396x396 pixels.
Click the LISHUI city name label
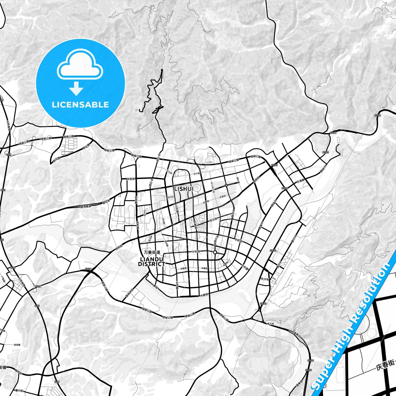(184, 189)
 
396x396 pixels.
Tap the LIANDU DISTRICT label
(152, 262)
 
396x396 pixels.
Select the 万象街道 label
(152, 252)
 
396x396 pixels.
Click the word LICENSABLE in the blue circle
(80, 105)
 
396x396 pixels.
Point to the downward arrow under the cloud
(76, 89)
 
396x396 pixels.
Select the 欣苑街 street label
(131, 179)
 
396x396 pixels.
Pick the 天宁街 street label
(197, 174)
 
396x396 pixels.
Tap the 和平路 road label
(238, 180)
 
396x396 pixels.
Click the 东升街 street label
(265, 279)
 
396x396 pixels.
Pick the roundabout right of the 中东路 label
(215, 252)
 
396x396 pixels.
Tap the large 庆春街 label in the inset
(385, 366)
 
